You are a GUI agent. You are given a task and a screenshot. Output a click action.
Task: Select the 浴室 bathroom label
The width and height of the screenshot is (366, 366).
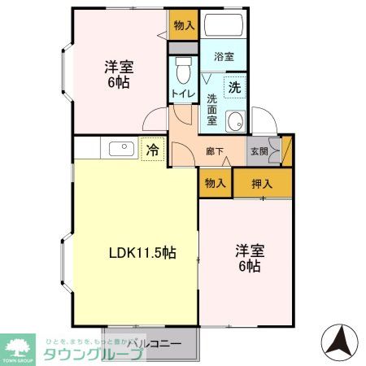click(x=224, y=58)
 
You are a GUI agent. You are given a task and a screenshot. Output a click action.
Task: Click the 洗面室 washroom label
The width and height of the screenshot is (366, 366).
click(x=211, y=110)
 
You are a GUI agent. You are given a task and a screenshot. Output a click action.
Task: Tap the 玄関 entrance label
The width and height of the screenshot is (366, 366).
click(x=258, y=150)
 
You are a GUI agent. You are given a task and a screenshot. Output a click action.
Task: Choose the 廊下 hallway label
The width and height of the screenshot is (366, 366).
click(x=214, y=150)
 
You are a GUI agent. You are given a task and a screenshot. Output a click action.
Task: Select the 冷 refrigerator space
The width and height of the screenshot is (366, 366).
click(x=151, y=149)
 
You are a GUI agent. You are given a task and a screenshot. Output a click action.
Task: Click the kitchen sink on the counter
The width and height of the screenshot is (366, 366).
click(x=120, y=148)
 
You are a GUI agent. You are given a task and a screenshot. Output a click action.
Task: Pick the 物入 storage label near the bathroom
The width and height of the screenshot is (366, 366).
click(x=184, y=25)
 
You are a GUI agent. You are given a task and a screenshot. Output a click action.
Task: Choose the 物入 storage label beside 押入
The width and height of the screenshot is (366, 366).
click(x=215, y=183)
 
